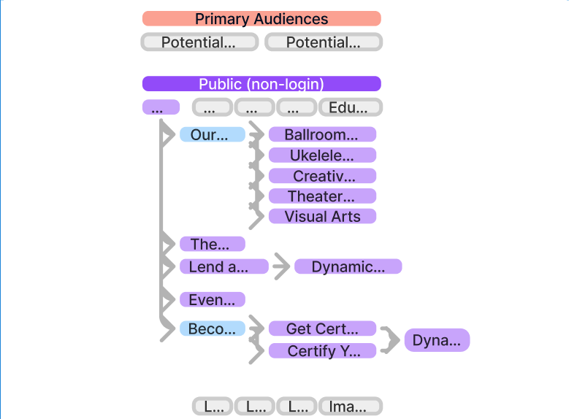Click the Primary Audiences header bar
coord(261,19)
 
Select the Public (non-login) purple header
coord(261,84)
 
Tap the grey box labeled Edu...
coord(351,108)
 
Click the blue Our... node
coord(212,134)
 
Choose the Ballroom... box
coord(322,134)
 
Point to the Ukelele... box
coord(322,155)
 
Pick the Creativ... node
coord(322,176)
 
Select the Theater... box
coord(322,196)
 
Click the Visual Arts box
coord(322,216)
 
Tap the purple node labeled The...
coord(212,244)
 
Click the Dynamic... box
coord(348,266)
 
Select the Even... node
coord(212,299)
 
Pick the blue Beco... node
coord(212,328)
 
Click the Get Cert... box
coord(322,328)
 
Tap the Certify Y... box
coord(322,351)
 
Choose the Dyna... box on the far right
coord(437,340)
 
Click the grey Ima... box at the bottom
coord(351,407)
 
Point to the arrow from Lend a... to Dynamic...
coord(280,267)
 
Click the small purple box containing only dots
coord(161,107)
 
